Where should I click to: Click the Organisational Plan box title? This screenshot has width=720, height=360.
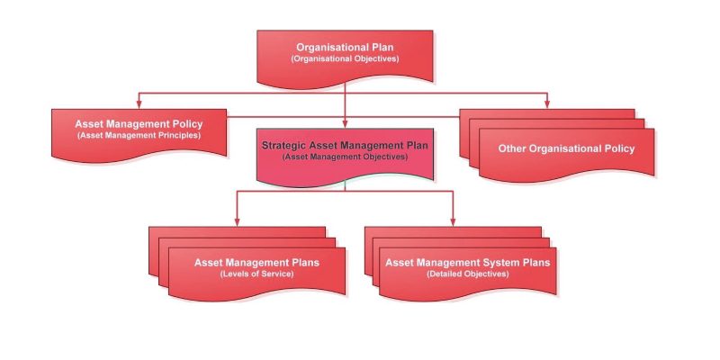coord(345,48)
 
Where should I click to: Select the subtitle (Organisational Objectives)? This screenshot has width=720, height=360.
coord(345,58)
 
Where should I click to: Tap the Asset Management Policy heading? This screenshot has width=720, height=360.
coord(139,124)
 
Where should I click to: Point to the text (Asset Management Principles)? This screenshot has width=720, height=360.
coord(139,136)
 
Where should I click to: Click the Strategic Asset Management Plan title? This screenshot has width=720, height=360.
coord(345,146)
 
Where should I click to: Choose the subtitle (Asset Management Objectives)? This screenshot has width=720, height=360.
coord(345,157)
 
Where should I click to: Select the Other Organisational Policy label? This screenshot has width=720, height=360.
coord(567,148)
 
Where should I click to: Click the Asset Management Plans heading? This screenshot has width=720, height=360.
coord(256,263)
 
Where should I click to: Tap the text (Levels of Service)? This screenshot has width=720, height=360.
coord(256,274)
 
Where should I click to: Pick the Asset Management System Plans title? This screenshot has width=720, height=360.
coord(467,263)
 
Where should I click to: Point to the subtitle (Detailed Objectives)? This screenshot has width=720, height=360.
coord(467,274)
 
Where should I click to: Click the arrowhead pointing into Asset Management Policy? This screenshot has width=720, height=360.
coord(139,105)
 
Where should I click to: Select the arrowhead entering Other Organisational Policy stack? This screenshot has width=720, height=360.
coord(546,105)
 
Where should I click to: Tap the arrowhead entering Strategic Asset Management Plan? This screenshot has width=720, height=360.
coord(345,124)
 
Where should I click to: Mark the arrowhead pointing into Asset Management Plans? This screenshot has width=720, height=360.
coord(237,222)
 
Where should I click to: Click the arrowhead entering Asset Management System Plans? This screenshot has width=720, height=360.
coord(453,222)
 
